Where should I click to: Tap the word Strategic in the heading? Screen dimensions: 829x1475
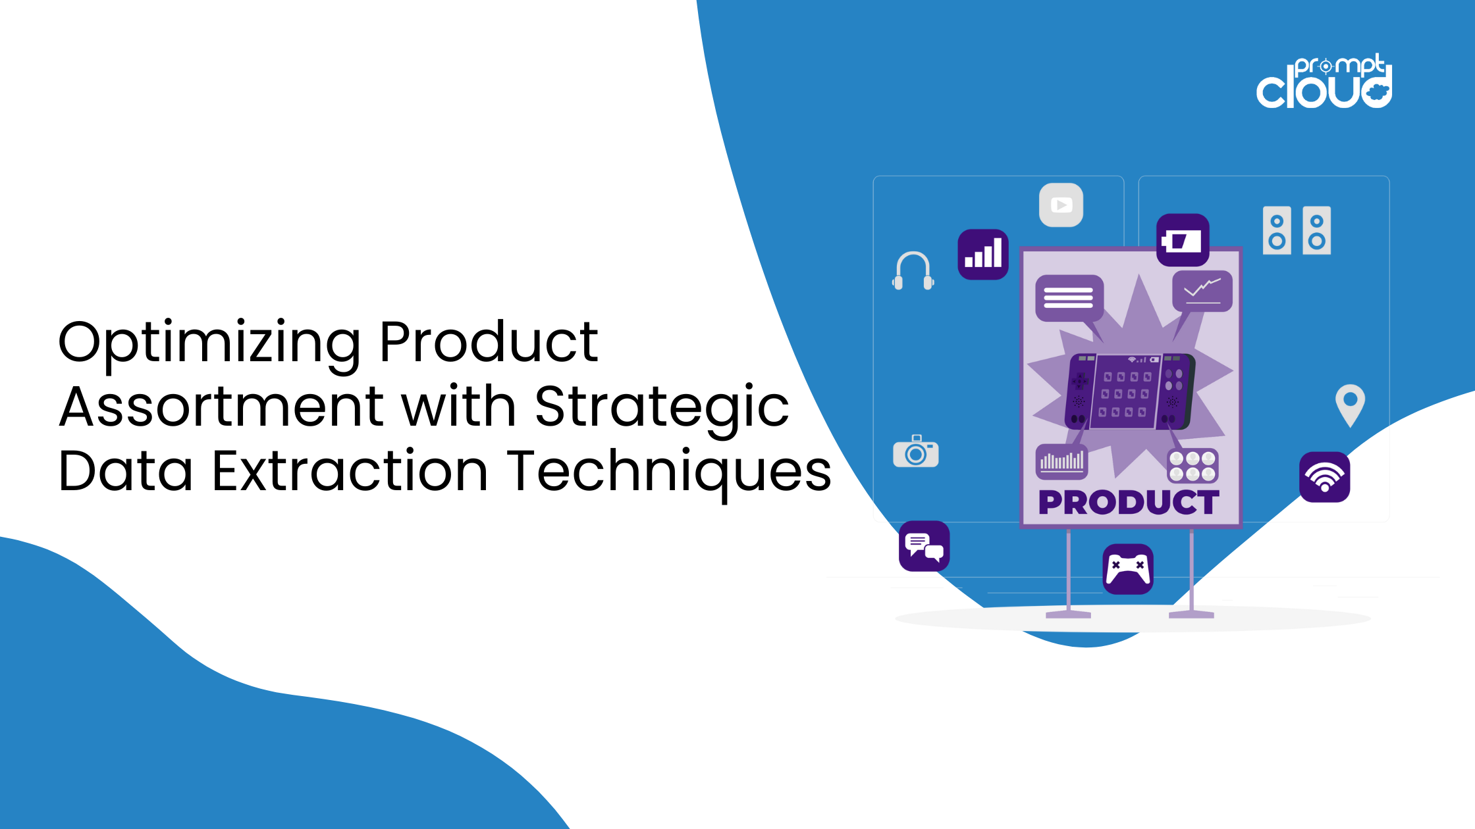(661, 407)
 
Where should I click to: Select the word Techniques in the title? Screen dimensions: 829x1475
(669, 470)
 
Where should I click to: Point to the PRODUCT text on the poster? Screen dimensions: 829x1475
(1129, 503)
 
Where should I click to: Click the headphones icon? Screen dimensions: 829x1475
(913, 270)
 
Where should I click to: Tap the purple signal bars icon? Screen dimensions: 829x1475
(983, 255)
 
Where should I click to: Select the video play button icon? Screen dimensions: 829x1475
(1061, 205)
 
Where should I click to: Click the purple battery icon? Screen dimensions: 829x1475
(1183, 240)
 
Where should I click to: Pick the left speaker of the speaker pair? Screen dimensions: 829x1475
(1277, 231)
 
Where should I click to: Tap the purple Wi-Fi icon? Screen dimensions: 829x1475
(1324, 477)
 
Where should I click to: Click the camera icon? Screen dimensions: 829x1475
(915, 452)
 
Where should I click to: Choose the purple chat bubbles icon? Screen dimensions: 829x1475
(924, 546)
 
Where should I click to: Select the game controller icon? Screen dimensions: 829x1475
(1128, 568)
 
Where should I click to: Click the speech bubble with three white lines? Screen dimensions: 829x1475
(1068, 298)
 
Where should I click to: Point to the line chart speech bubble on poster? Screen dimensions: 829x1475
(1202, 291)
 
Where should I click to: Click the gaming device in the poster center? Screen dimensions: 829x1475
(1129, 392)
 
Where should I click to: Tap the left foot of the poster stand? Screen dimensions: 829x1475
(1068, 615)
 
